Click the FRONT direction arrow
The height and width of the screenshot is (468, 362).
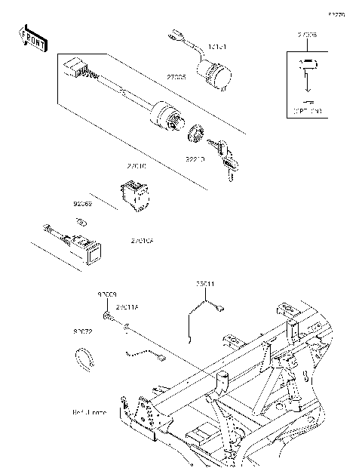[32, 38]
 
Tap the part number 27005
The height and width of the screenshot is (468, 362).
[176, 77]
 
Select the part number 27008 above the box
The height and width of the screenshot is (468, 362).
[308, 35]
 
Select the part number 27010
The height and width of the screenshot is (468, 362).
[137, 164]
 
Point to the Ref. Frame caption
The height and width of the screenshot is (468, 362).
[89, 413]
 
